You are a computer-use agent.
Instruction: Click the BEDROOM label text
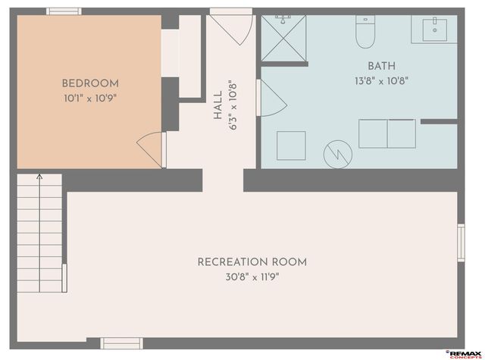[90, 83]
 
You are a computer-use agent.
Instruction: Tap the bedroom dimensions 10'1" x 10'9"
[90, 98]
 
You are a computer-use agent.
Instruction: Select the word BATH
[381, 67]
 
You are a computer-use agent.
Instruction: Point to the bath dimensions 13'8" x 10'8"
[381, 81]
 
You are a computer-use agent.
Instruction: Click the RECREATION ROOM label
[252, 262]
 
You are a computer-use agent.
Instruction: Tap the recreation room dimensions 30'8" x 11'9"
[252, 277]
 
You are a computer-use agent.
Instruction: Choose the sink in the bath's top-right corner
[434, 28]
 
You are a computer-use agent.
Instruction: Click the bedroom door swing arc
[150, 146]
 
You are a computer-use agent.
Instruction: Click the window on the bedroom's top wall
[64, 11]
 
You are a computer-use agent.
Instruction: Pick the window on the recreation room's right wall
[460, 243]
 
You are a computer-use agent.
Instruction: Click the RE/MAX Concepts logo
[465, 353]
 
